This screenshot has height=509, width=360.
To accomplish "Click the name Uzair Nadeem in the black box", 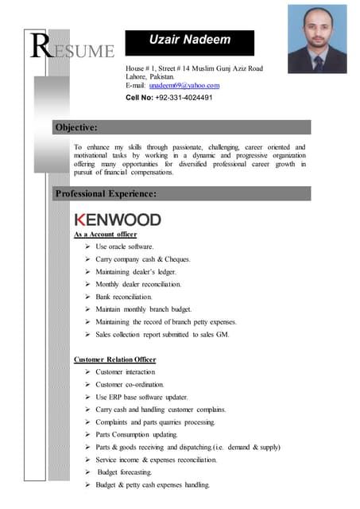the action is tap(188, 41).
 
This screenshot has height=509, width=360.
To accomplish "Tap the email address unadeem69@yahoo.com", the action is tap(184, 85).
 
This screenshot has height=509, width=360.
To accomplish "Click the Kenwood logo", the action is tap(117, 220).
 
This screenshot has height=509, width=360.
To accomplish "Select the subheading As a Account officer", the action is tap(105, 235).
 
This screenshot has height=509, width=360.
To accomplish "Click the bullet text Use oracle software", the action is tap(125, 247).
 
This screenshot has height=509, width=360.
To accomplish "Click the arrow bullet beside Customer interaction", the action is tap(87, 372).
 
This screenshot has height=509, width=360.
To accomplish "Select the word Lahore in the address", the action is tap(139, 76).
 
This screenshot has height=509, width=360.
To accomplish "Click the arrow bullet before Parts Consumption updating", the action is tap(87, 435).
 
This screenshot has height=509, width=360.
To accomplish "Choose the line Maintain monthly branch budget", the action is tap(143, 309).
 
